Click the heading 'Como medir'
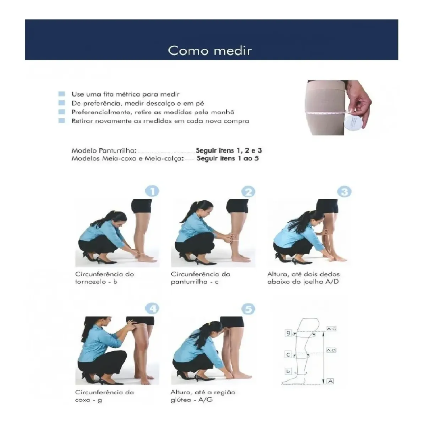click(x=210, y=51)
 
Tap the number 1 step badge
click(x=152, y=191)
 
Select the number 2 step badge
click(x=248, y=192)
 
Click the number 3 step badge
click(x=344, y=192)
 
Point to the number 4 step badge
click(x=152, y=309)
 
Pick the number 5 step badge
click(x=248, y=309)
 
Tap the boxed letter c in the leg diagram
click(x=288, y=361)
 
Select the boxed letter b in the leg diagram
click(x=288, y=377)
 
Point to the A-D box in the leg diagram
click(x=331, y=356)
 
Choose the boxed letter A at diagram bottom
click(x=330, y=388)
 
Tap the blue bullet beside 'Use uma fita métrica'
click(x=62, y=94)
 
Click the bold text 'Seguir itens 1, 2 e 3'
click(x=229, y=150)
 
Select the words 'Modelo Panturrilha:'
click(x=104, y=150)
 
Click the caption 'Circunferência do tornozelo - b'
click(x=105, y=278)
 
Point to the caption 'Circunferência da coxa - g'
click(x=105, y=396)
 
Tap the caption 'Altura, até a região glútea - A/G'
click(x=203, y=396)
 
